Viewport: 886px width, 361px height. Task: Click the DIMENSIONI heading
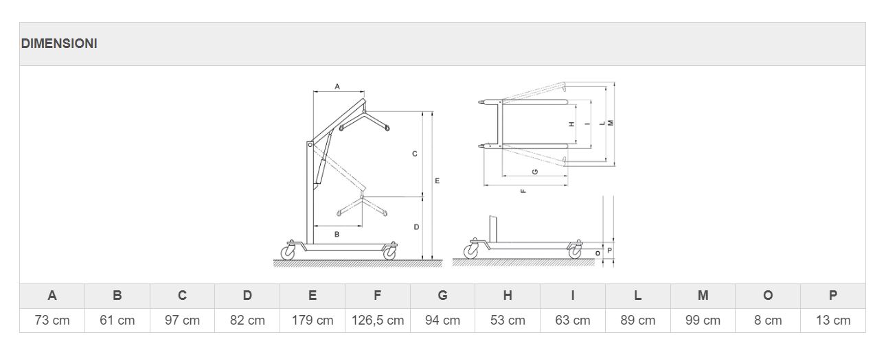(59, 43)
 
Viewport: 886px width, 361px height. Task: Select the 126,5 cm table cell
(378, 321)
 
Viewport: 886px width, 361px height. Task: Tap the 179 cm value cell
(313, 321)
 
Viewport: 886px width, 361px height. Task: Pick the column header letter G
(442, 295)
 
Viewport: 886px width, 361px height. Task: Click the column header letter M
(703, 295)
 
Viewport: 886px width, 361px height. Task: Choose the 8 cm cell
(768, 321)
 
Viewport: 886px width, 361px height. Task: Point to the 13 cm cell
(833, 321)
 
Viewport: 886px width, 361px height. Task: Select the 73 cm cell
(52, 321)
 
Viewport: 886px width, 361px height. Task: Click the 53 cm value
(508, 321)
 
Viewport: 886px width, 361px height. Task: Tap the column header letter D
(247, 295)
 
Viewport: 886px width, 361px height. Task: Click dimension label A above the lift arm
(337, 86)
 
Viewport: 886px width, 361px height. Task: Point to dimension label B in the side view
(337, 234)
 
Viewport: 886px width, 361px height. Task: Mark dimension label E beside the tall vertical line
(437, 180)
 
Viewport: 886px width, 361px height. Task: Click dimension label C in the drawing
(415, 154)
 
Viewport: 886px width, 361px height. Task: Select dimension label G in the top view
(535, 172)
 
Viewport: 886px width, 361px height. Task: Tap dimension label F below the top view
(523, 191)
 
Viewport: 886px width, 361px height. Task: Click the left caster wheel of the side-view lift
(288, 253)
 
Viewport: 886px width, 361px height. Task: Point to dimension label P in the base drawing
(609, 251)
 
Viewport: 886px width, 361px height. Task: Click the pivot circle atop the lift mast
(310, 145)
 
